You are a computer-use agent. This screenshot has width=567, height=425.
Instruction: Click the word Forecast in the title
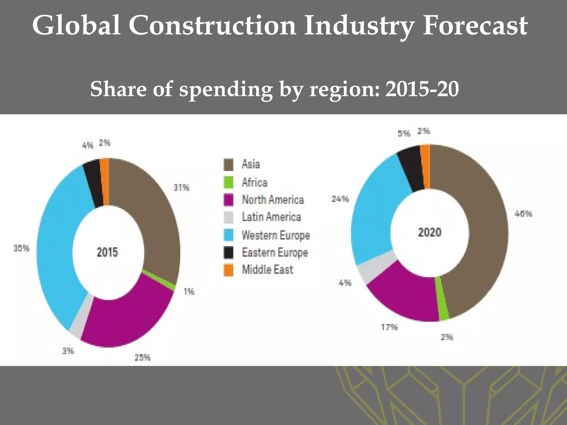click(x=475, y=26)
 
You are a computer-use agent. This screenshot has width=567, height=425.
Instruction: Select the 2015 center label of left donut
click(x=107, y=252)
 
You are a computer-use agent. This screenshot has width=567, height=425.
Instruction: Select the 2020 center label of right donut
click(x=429, y=232)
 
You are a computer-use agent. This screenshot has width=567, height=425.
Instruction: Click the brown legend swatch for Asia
click(x=228, y=164)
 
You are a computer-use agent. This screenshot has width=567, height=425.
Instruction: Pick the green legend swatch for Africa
click(x=228, y=182)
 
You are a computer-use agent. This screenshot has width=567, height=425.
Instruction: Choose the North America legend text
click(x=273, y=200)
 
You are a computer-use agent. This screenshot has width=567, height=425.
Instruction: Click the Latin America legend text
click(x=271, y=217)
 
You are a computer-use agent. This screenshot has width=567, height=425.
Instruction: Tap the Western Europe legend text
click(x=276, y=235)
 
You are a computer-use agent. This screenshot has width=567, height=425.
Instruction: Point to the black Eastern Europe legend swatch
click(x=228, y=252)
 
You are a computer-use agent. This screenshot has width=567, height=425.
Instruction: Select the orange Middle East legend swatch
click(x=228, y=270)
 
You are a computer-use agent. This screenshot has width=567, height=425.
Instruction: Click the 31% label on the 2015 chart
click(x=181, y=188)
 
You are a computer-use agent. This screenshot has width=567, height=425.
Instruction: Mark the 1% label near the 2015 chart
click(x=189, y=291)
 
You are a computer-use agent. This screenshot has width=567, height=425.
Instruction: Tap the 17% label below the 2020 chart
click(x=389, y=327)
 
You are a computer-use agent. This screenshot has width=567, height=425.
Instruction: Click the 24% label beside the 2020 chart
click(x=340, y=199)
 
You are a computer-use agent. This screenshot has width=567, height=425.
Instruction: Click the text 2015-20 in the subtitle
click(x=422, y=89)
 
